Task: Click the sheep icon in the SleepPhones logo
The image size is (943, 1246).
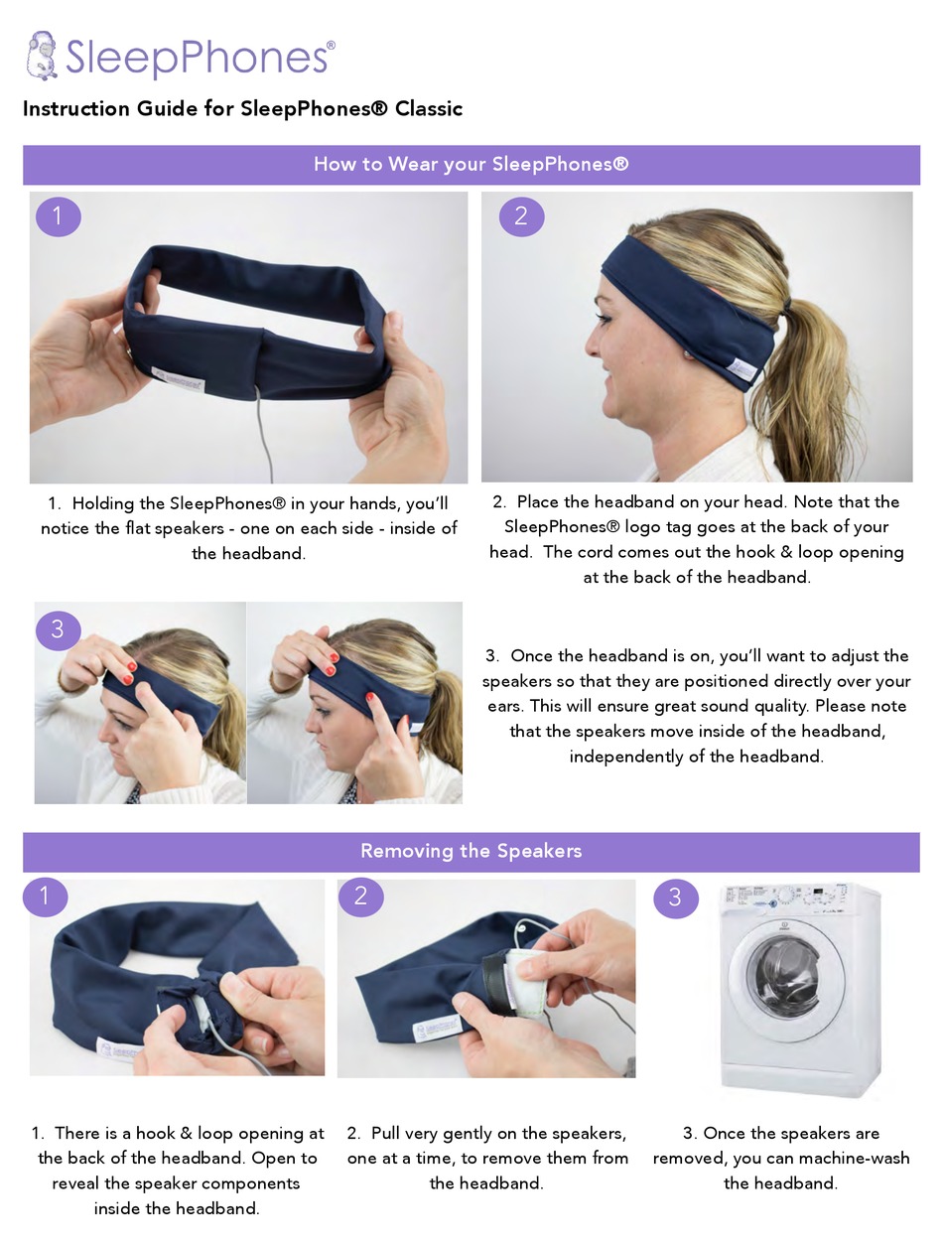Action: click(42, 56)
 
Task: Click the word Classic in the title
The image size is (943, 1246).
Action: click(429, 108)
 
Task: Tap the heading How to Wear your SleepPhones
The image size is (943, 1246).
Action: click(471, 164)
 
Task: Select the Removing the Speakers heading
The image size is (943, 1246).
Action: click(471, 850)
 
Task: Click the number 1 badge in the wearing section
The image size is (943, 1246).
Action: click(58, 216)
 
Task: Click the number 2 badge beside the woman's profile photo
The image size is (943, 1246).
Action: click(521, 216)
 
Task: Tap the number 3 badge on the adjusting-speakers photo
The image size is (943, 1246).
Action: click(58, 629)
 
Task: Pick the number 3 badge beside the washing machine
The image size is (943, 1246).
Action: click(676, 899)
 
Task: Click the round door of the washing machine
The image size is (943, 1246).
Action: click(787, 982)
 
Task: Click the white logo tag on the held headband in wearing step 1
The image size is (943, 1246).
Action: click(179, 377)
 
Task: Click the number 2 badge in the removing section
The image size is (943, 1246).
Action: click(361, 897)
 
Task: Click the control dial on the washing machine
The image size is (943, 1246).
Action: click(785, 897)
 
